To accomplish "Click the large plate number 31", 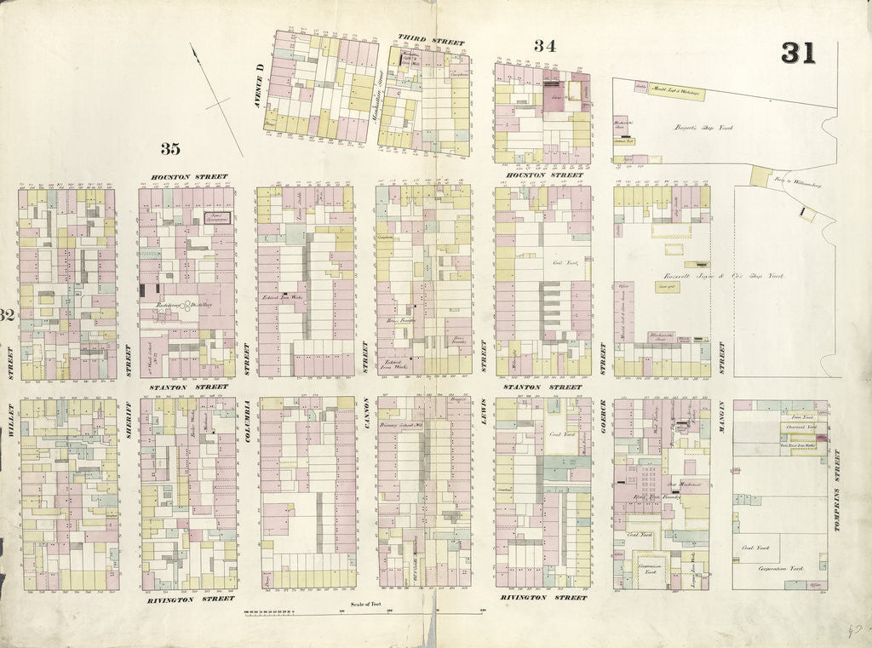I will (x=799, y=53).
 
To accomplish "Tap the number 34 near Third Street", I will (x=545, y=46).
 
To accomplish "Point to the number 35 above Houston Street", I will (x=170, y=149).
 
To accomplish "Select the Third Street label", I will (x=432, y=41).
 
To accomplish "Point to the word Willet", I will (x=10, y=420).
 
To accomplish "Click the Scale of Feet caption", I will (x=364, y=605).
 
